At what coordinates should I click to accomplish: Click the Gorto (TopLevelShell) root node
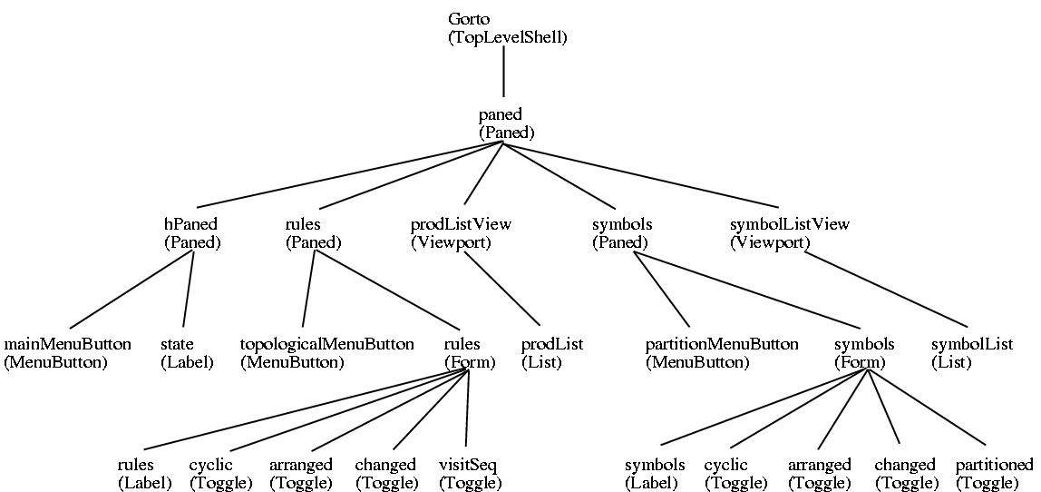(507, 29)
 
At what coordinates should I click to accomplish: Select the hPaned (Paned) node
(192, 233)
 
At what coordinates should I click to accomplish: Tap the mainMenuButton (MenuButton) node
(68, 353)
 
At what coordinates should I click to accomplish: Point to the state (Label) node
(187, 353)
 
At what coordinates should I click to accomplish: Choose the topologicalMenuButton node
(326, 353)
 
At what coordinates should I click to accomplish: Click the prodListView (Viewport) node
(461, 233)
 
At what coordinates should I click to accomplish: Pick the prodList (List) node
(551, 353)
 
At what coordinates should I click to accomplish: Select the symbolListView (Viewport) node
(789, 233)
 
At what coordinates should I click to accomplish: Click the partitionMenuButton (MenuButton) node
(722, 353)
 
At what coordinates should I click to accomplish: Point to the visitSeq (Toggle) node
(470, 474)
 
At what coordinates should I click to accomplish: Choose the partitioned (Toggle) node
(994, 474)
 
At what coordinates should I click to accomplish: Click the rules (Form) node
(469, 353)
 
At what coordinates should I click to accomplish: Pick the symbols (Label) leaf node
(655, 474)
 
